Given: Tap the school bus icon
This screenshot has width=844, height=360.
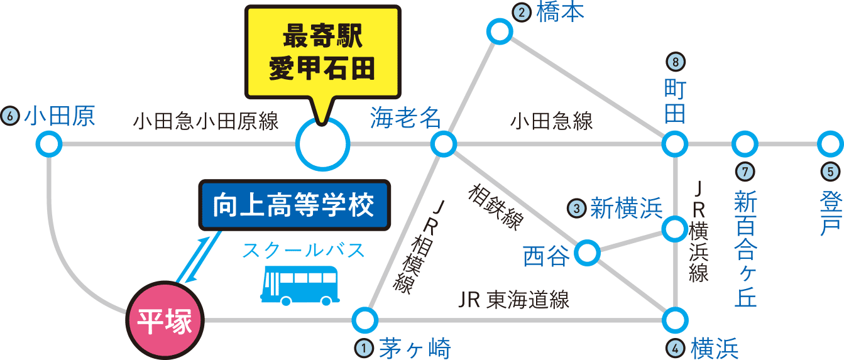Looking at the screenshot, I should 299,285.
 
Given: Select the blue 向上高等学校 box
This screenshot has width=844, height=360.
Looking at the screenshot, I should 294,205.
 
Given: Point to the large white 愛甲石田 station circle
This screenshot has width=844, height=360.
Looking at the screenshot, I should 322,145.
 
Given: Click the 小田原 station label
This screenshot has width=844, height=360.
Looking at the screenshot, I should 59,117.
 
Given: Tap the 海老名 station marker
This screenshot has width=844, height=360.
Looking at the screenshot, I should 444,144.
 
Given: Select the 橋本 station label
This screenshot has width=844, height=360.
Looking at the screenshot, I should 561,13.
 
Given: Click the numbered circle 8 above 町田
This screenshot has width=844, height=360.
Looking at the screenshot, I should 675,62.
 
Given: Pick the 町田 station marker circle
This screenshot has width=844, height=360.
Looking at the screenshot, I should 674,145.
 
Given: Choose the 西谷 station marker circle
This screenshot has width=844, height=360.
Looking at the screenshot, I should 587,253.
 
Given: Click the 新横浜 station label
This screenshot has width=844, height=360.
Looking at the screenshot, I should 625,208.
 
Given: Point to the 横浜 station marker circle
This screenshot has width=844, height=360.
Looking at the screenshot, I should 674,320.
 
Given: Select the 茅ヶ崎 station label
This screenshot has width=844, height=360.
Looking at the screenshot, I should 414,347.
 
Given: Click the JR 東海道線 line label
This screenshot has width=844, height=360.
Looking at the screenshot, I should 513,300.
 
